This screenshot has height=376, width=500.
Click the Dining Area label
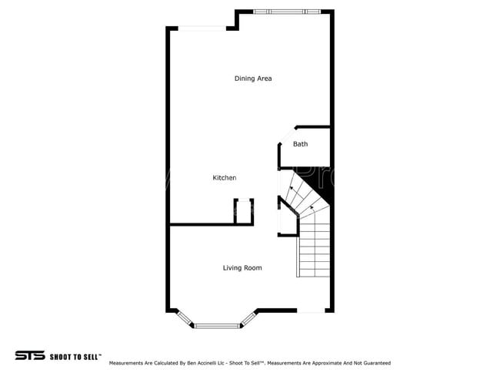click(x=253, y=79)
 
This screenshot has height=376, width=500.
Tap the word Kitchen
click(x=224, y=178)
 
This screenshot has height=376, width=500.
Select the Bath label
click(x=300, y=144)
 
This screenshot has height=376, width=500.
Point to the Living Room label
click(x=242, y=268)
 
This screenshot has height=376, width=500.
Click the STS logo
click(x=30, y=355)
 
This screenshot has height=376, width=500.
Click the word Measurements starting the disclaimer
click(x=127, y=363)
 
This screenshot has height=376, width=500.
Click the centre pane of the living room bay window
click(x=218, y=326)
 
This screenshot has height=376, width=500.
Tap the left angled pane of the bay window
click(x=185, y=318)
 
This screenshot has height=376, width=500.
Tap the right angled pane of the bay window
click(x=249, y=318)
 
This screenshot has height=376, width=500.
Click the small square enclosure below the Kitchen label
click(x=244, y=211)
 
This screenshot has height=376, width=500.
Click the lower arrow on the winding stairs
click(x=312, y=206)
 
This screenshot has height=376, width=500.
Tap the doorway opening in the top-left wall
click(x=203, y=29)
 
